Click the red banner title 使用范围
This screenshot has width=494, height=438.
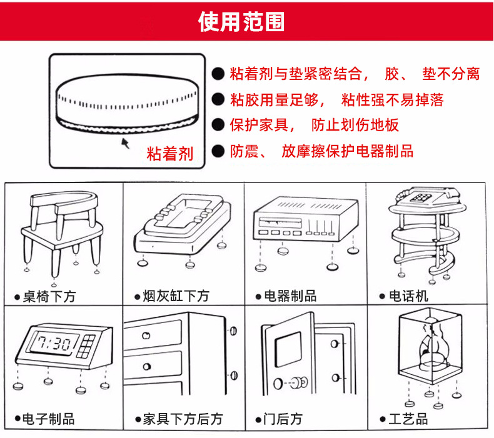pos(241,21)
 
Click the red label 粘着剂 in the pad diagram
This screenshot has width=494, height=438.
pos(170,154)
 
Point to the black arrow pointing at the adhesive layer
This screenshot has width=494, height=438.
pos(126,143)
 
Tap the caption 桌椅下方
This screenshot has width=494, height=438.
pos(49,297)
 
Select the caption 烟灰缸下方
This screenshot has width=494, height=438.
pos(176,296)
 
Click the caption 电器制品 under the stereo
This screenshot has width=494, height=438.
pos(290,296)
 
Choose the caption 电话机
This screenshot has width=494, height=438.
pos(408,296)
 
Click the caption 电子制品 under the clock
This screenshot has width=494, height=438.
pos(49,419)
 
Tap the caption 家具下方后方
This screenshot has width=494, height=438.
pos(183,419)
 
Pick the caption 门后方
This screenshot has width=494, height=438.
pos(283,419)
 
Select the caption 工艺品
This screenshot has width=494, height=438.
pos(408,419)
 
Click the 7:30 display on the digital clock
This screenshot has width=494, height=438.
pos(53,342)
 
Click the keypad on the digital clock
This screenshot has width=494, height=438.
pos(86,346)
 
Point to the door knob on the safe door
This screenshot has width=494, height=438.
pos(300,382)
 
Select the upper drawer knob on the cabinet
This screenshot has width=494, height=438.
pos(146,336)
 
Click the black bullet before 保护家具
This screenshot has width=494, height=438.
pos(218,125)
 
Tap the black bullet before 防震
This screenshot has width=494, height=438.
pos(218,151)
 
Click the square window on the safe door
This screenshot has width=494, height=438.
pos(288,349)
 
